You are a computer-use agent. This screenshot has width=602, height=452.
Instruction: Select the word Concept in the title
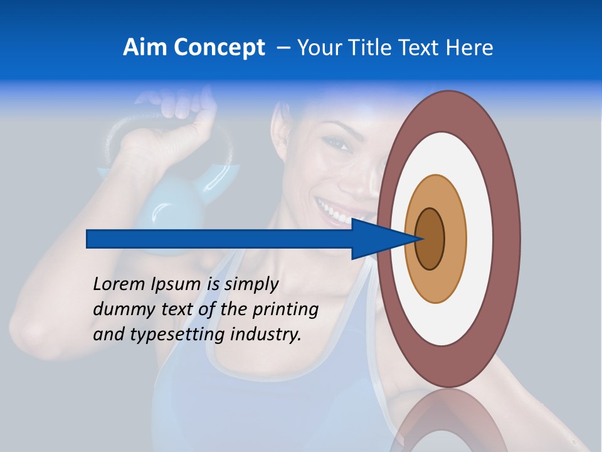[x=219, y=48]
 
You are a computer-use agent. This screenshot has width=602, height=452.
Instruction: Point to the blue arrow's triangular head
[x=376, y=239]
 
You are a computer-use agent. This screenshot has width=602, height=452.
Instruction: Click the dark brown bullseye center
[x=431, y=239]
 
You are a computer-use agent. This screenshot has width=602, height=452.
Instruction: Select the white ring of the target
[x=480, y=239]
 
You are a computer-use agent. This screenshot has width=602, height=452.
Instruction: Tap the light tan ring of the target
[x=455, y=239]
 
